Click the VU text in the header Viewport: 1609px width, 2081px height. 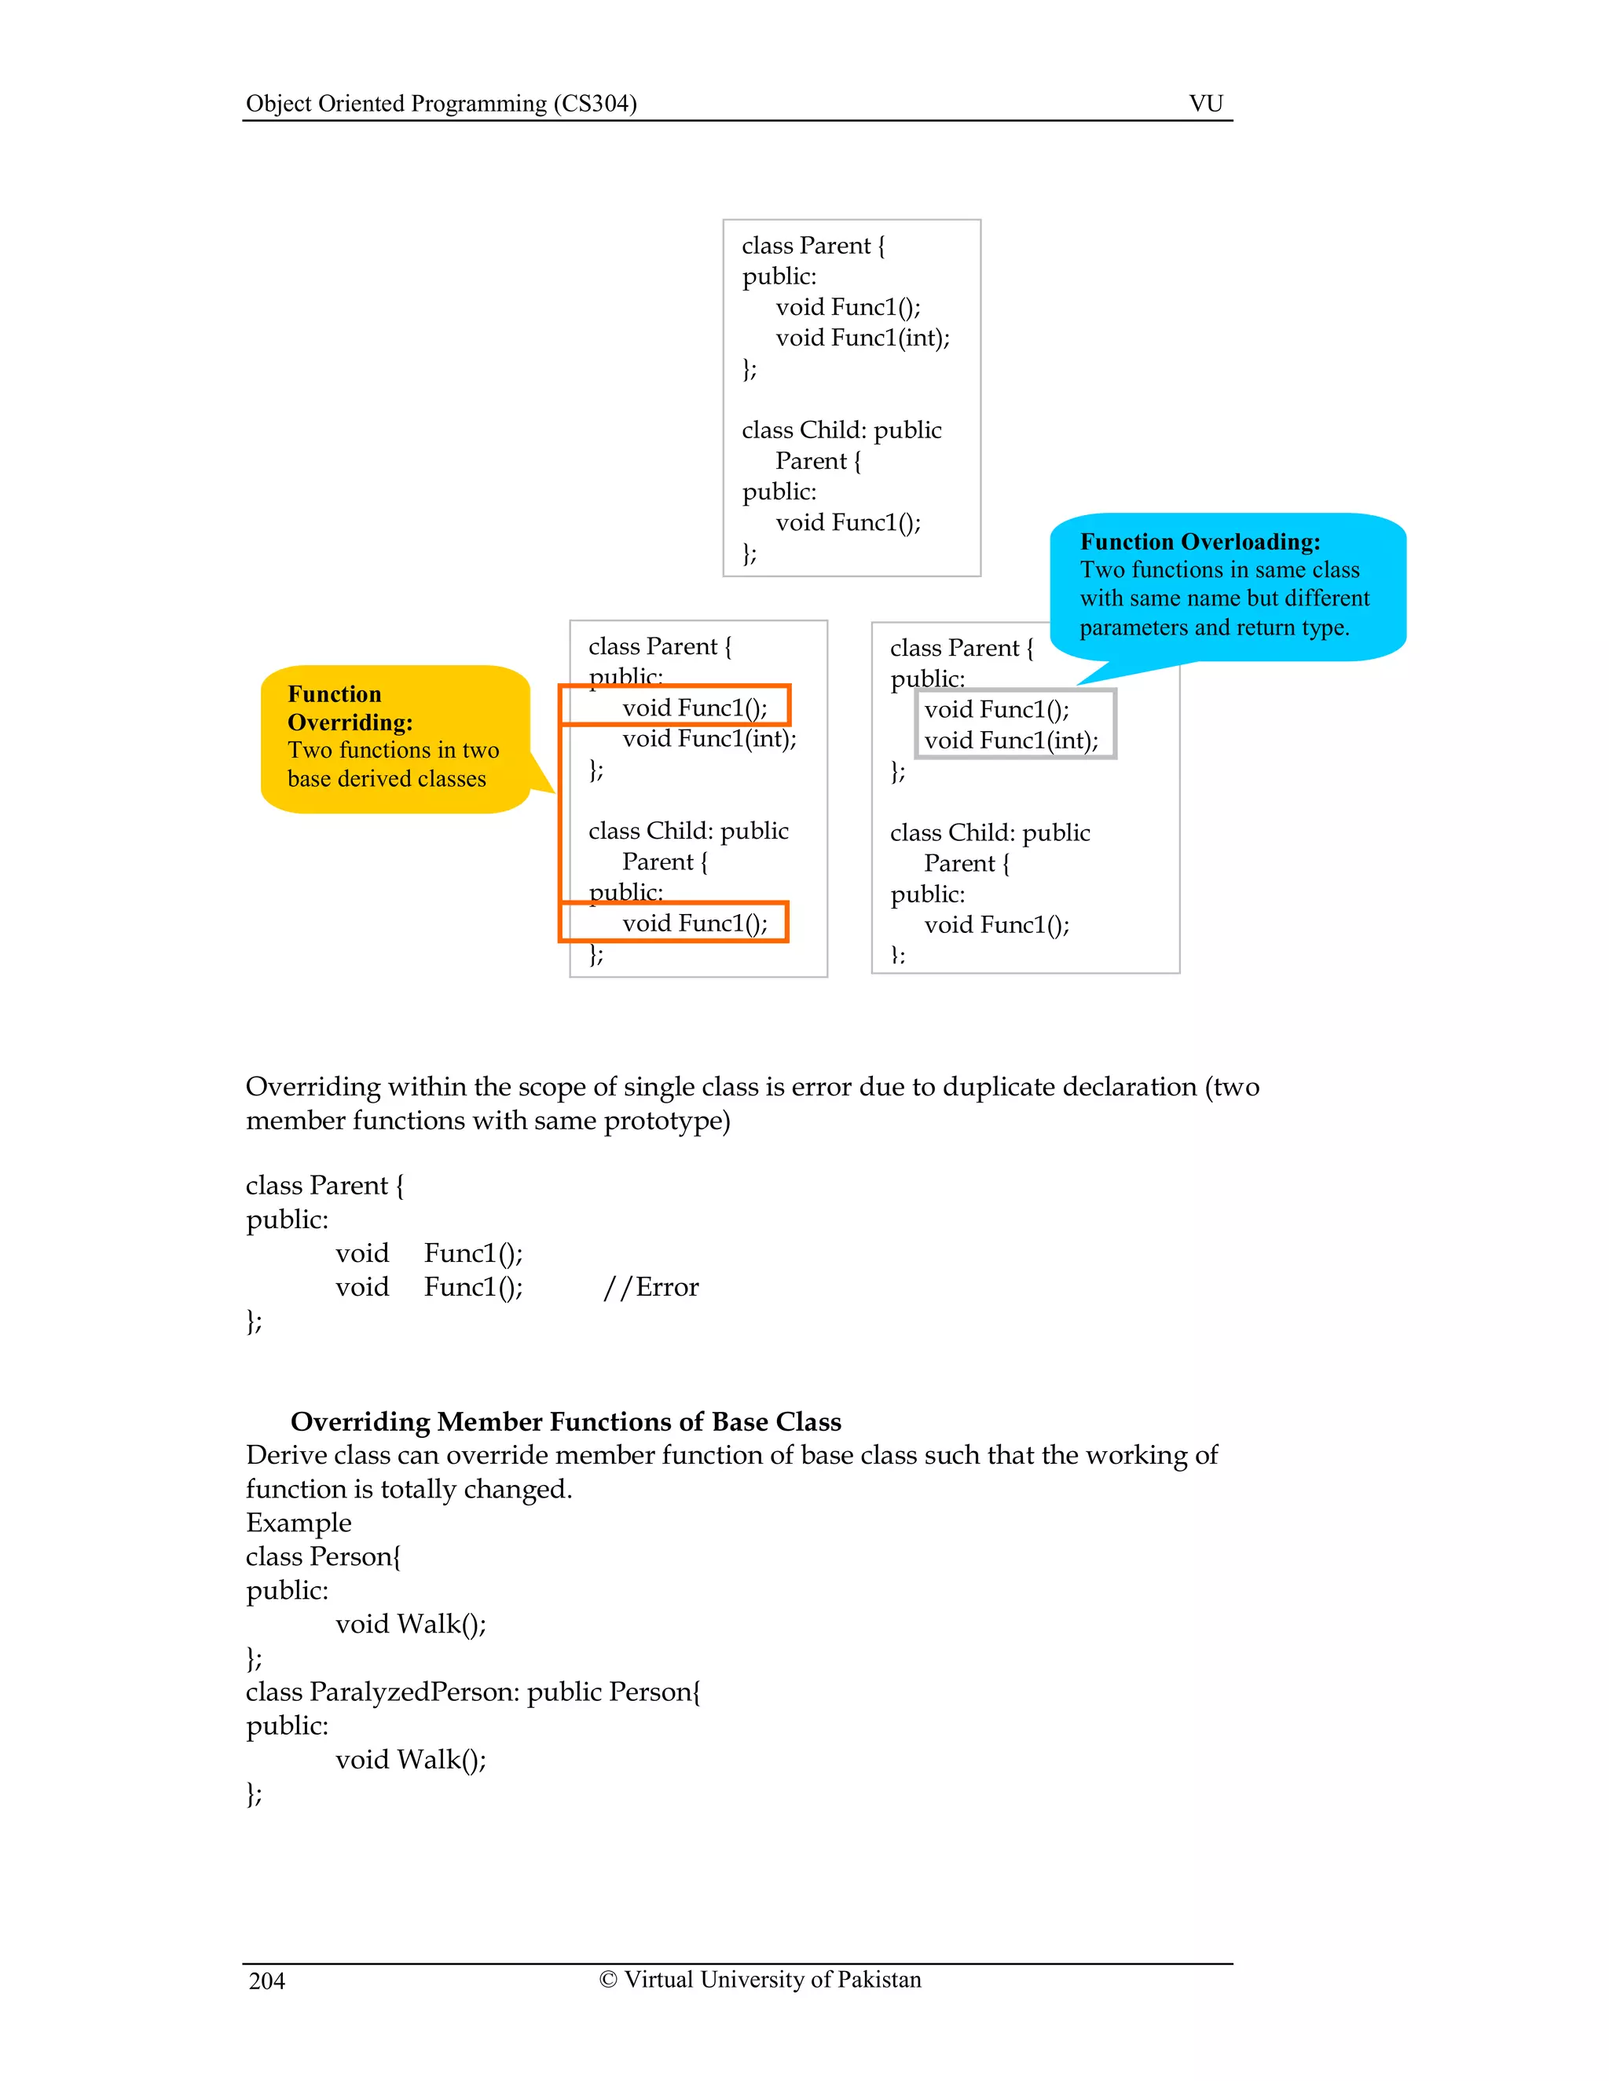[1205, 103]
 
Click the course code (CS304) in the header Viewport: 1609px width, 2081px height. [595, 103]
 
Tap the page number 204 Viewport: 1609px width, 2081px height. [267, 1981]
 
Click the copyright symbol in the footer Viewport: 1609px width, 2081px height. [608, 1979]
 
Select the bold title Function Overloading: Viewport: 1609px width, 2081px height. [1200, 541]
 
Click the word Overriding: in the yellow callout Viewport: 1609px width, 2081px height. [350, 722]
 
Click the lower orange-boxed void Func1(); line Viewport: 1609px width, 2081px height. [694, 923]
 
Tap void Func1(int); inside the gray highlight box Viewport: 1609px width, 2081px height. [1010, 741]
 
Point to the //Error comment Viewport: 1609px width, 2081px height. [651, 1286]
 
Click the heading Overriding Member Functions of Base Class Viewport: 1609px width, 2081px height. [565, 1421]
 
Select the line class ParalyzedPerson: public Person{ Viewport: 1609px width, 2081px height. [473, 1691]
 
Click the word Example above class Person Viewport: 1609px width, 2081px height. [299, 1522]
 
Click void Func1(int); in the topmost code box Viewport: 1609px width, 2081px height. [862, 338]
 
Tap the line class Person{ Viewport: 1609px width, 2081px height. [323, 1556]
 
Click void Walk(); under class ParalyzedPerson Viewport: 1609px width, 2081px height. [411, 1759]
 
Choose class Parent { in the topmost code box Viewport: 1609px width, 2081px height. [813, 246]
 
